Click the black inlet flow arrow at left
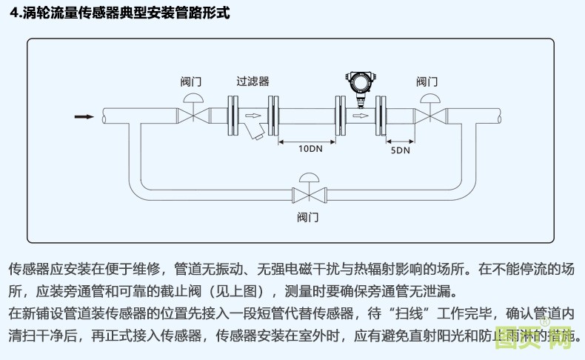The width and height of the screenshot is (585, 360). [x=83, y=116]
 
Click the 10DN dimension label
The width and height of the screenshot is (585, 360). [x=310, y=149]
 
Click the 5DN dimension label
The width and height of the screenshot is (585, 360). [x=400, y=150]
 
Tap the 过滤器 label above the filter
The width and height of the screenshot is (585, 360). [x=253, y=81]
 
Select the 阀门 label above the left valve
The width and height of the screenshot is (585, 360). [x=191, y=81]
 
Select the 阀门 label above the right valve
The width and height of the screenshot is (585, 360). [x=427, y=81]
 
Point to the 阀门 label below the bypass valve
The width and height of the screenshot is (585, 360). [x=307, y=217]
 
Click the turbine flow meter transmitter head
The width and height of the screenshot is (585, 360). [x=361, y=81]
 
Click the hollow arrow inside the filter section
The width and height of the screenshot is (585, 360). [x=253, y=116]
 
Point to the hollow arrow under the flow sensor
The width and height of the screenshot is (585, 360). [x=361, y=116]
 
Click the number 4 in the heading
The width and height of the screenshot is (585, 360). [x=13, y=13]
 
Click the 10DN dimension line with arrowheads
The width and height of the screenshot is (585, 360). [x=310, y=139]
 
